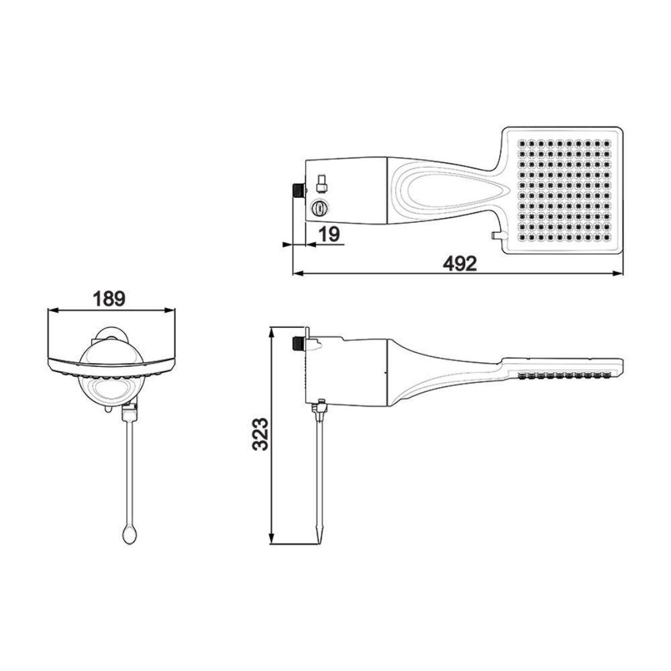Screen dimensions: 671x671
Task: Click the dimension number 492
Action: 460,264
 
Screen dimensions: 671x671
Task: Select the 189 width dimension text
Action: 109,299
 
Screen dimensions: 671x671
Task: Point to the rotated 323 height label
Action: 260,435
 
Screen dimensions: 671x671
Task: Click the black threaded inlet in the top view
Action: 296,189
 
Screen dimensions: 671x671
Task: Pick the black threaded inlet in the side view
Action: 297,344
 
